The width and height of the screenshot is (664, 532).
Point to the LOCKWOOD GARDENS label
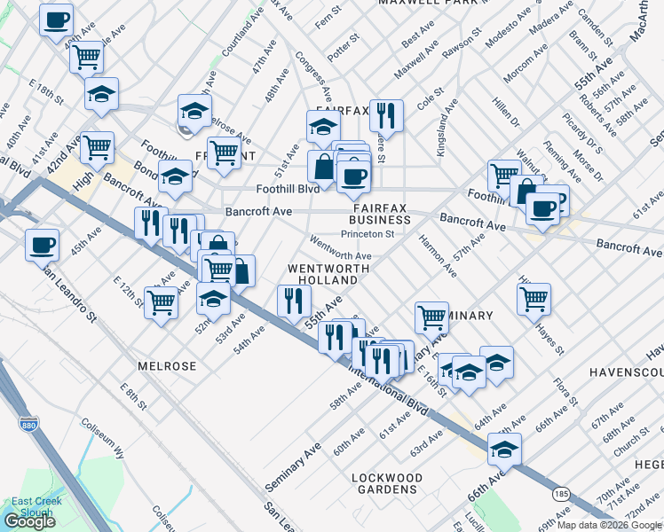pyautogui.click(x=387, y=483)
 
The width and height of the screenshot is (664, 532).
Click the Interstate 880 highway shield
pyautogui.click(x=28, y=425)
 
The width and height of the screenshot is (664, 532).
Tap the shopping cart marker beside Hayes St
pyautogui.click(x=534, y=299)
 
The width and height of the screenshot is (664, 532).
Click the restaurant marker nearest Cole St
pyautogui.click(x=386, y=114)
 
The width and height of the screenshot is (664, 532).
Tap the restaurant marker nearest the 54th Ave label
pyautogui.click(x=294, y=301)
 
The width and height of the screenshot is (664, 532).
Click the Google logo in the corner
pyautogui.click(x=29, y=521)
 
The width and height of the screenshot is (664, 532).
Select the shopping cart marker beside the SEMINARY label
pyautogui.click(x=431, y=317)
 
